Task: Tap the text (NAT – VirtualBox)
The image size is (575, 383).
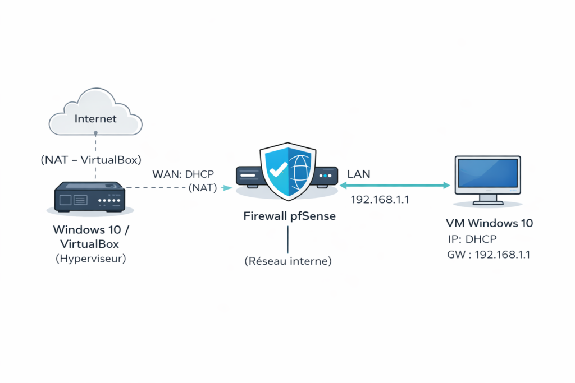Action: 90,159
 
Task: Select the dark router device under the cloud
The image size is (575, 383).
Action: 89,197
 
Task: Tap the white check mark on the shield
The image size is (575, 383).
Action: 275,167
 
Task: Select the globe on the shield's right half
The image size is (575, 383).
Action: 300,171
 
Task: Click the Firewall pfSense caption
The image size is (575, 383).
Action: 290,216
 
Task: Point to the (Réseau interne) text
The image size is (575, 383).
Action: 288,261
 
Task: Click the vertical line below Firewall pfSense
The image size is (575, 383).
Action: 288,239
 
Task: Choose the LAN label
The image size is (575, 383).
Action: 359,174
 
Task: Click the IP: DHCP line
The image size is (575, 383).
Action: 472,239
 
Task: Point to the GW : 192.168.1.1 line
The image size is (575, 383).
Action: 489,255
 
